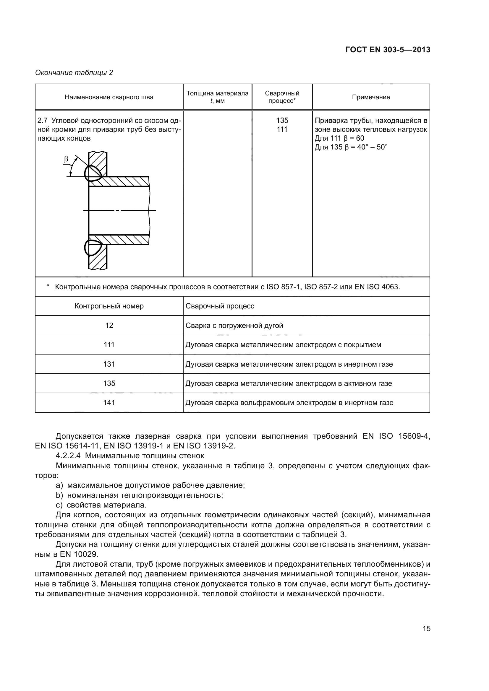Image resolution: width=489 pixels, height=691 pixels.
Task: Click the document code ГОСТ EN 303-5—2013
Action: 388,50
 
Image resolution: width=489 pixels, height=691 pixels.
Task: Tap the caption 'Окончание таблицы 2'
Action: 74,73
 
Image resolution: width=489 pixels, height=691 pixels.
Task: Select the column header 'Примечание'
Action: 371,97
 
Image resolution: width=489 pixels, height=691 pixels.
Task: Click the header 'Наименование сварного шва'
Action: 109,97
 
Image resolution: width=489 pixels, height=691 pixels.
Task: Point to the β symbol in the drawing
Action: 66,159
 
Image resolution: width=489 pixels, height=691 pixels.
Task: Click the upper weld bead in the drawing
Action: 93,174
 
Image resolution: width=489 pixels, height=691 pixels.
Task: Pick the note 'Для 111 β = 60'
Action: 339,139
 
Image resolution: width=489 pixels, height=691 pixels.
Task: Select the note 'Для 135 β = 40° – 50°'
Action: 351,147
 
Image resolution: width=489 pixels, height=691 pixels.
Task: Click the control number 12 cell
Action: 109,325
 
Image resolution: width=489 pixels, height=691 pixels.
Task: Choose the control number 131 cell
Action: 109,364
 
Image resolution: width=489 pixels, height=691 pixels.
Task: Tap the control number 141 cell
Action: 109,403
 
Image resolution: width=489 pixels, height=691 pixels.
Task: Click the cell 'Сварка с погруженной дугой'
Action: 234,325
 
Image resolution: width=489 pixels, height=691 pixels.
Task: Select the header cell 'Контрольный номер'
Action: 109,306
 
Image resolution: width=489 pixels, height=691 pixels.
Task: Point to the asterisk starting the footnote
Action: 48,286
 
